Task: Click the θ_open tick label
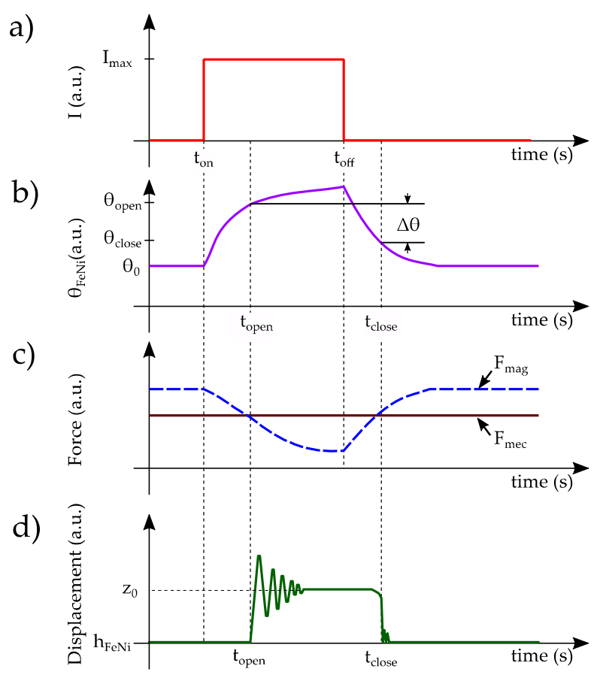pyautogui.click(x=123, y=202)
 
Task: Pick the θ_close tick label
pyautogui.click(x=123, y=241)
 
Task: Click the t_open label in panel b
pyautogui.click(x=256, y=325)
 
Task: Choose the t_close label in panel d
pyautogui.click(x=380, y=661)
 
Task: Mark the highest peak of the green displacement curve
pyautogui.click(x=259, y=556)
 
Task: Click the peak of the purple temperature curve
pyautogui.click(x=343, y=186)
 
